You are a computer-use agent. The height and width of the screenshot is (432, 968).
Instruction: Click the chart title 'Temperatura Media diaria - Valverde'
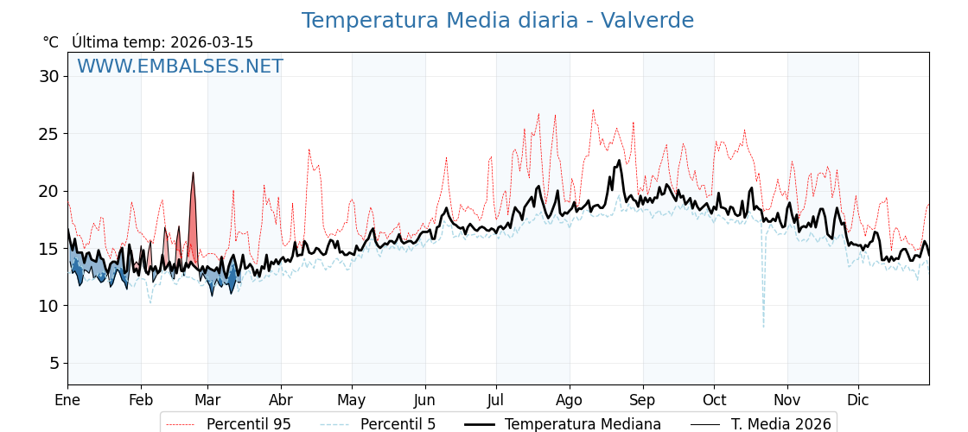tap(497, 21)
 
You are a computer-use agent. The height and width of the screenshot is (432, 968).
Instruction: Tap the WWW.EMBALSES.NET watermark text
tap(180, 67)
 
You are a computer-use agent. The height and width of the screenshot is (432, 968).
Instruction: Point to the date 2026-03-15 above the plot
tap(212, 42)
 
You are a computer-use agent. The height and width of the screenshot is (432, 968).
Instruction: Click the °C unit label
tap(51, 42)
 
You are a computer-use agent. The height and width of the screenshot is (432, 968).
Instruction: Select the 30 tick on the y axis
tap(48, 76)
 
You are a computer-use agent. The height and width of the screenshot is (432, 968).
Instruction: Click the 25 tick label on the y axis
tap(48, 134)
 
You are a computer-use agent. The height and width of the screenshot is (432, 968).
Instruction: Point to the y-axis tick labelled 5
tap(54, 363)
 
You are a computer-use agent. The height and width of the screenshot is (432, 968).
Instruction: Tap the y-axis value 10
tap(48, 306)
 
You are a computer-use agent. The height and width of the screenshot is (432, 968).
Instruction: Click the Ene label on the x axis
tap(67, 400)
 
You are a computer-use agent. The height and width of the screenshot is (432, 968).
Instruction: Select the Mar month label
tap(207, 400)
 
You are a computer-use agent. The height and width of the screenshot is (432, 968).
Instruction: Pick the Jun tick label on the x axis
tap(424, 400)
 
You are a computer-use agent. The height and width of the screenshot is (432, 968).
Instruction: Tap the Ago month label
tap(570, 400)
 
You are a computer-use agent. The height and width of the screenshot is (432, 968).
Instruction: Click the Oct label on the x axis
tap(714, 400)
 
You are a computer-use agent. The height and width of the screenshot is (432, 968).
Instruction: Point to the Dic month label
tap(858, 400)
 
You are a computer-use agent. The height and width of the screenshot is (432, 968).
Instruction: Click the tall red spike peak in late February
tap(193, 174)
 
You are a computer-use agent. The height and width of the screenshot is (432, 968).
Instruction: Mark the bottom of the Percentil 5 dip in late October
tap(763, 327)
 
